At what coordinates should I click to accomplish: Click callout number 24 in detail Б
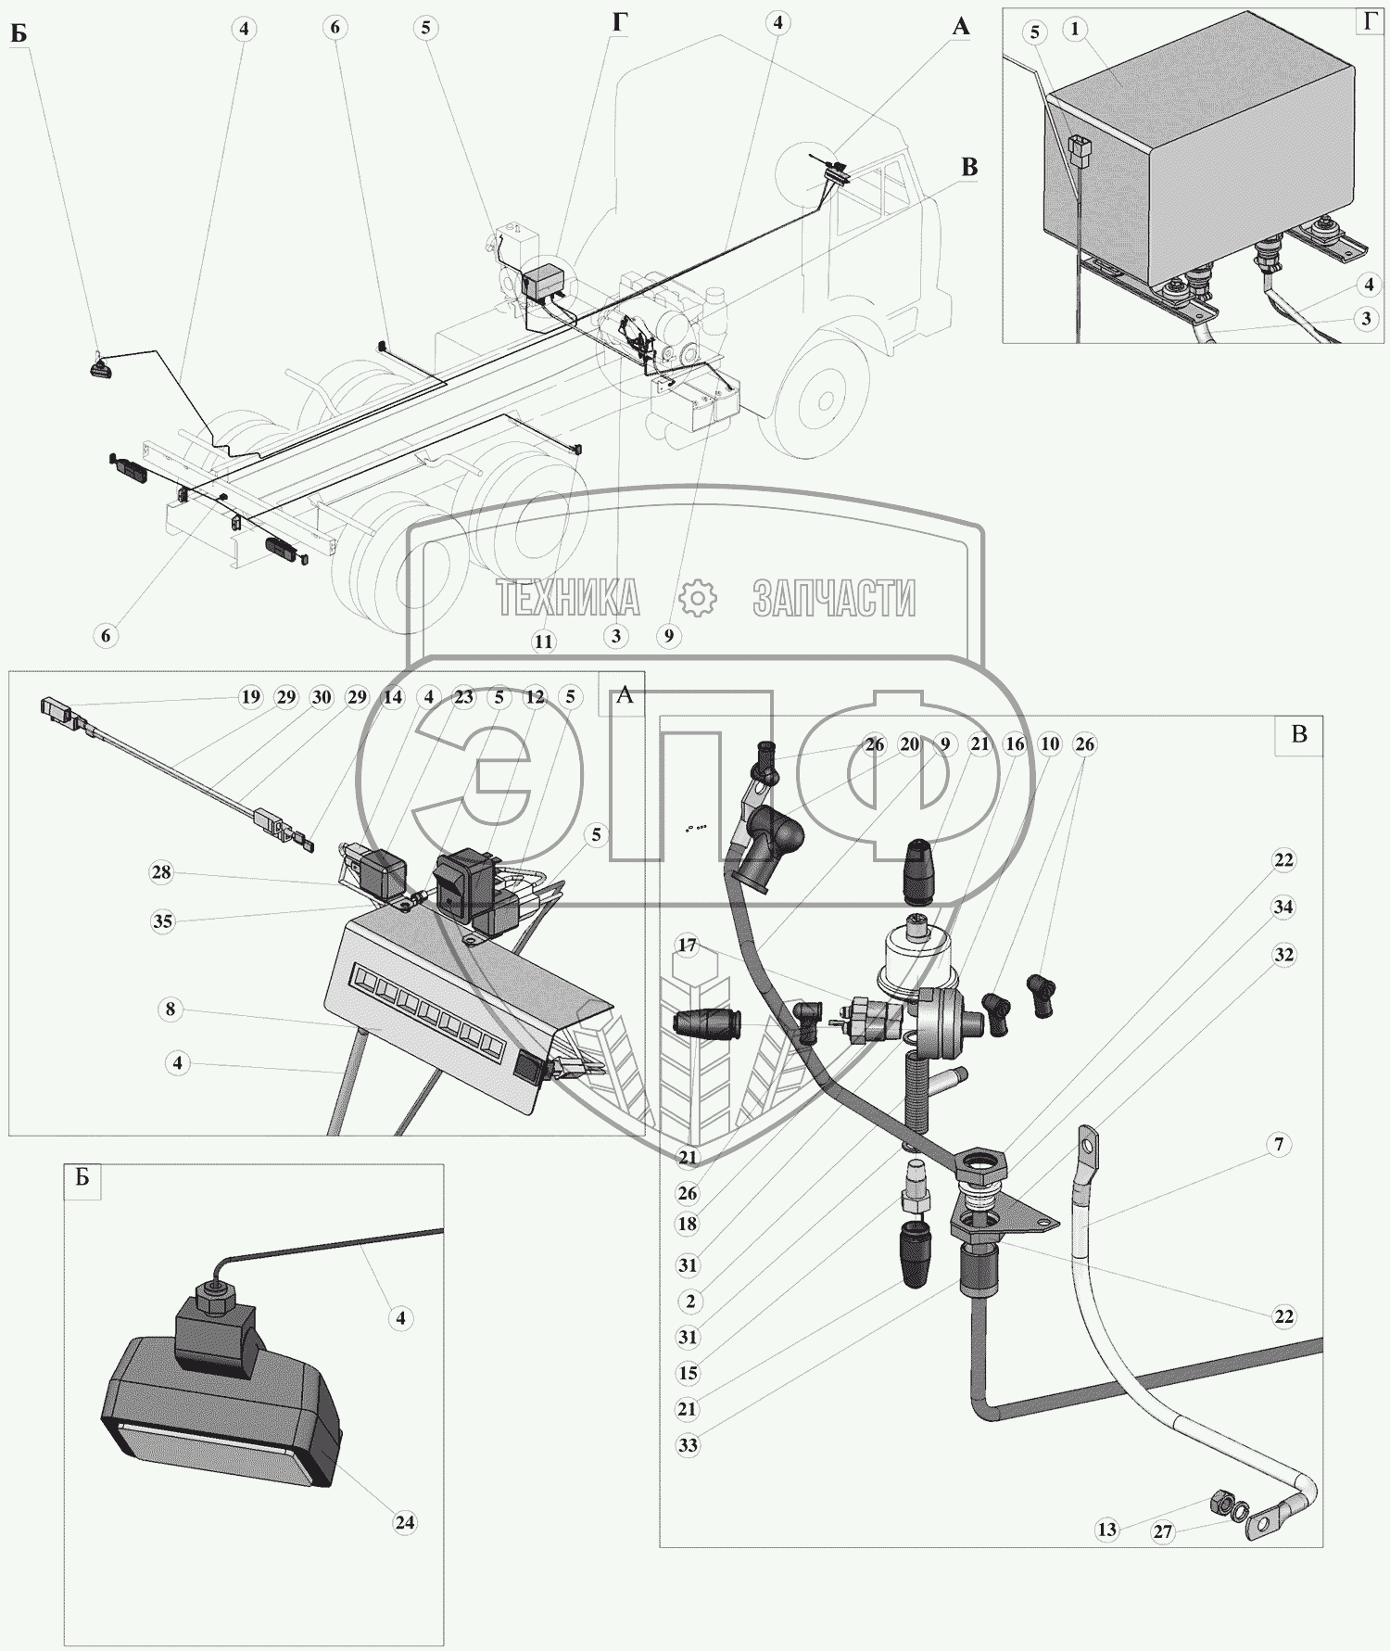coord(404,1522)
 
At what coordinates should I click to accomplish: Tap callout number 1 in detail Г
coord(1075,30)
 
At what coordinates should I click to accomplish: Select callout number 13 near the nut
coord(1107,1530)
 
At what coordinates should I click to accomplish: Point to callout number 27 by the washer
coord(1163,1532)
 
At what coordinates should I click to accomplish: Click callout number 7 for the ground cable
coord(1279,1145)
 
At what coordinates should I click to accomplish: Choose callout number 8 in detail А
coord(170,1009)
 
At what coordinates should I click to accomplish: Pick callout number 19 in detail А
coord(250,697)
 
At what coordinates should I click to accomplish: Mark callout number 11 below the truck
coord(543,641)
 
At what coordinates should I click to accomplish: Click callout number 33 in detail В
coord(688,1445)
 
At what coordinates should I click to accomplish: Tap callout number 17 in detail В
coord(687,946)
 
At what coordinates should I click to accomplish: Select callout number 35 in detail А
coord(162,921)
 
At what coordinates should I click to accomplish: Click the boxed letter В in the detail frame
coord(1299,734)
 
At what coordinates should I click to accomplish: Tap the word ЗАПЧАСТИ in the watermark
coord(834,599)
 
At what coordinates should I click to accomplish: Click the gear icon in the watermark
coord(698,598)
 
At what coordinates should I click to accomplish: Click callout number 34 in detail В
coord(1283,907)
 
